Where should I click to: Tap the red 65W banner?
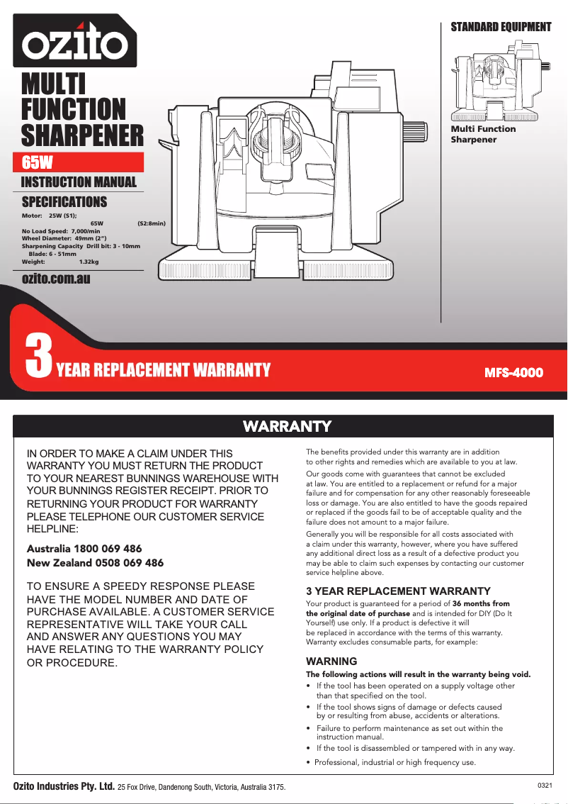point(82,162)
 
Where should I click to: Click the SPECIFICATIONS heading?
point(64,202)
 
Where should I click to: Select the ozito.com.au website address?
point(56,279)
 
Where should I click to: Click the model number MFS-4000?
point(513,372)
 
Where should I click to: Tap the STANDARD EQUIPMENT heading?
point(501,27)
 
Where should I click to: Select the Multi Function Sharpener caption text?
point(483,134)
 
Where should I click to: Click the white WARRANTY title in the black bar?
point(287,426)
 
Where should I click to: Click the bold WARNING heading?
point(331,661)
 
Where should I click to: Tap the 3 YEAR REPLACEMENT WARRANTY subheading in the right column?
point(398,591)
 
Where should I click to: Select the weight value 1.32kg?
point(89,262)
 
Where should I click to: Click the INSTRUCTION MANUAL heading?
point(79,182)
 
